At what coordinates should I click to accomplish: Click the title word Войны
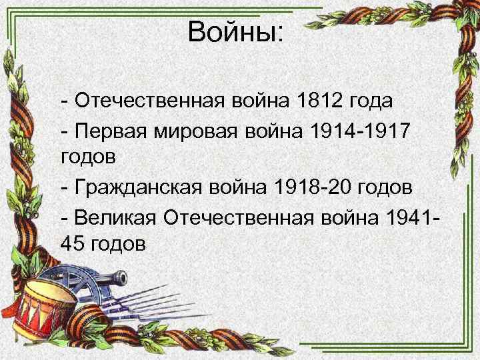(x=235, y=31)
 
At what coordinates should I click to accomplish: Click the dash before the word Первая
(x=64, y=131)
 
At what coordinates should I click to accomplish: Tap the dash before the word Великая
(x=64, y=217)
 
